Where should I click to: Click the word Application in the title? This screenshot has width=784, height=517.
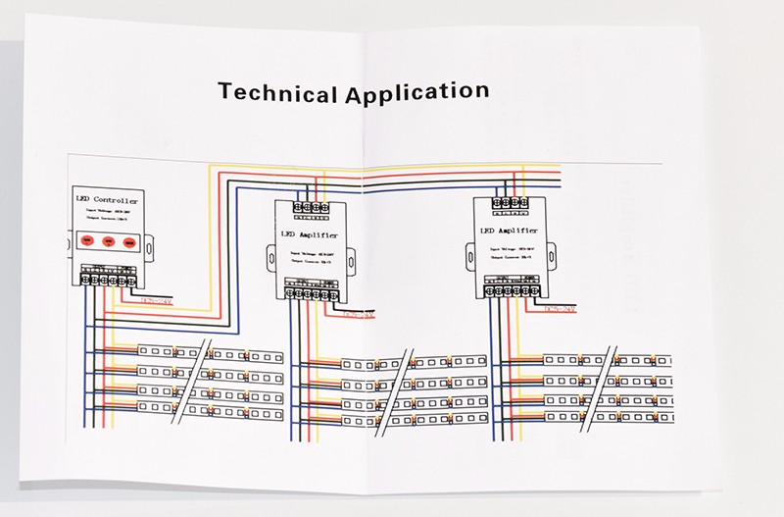pos(416,93)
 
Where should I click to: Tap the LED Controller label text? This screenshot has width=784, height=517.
pos(107,200)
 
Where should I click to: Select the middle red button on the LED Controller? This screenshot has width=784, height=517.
pos(109,240)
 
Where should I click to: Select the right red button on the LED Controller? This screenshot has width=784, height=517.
pos(130,240)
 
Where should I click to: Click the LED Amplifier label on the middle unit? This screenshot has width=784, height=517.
pos(311,235)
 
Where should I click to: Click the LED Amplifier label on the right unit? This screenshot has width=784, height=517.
pos(512,232)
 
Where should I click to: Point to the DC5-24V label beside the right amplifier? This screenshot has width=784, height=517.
pos(563,309)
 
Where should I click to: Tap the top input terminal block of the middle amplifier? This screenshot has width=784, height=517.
pos(310,208)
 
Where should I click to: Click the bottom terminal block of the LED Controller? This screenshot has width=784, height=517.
pos(108,279)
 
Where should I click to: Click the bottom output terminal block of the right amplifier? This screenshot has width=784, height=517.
pos(514,290)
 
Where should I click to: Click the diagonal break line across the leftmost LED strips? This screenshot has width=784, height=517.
pos(190,382)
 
